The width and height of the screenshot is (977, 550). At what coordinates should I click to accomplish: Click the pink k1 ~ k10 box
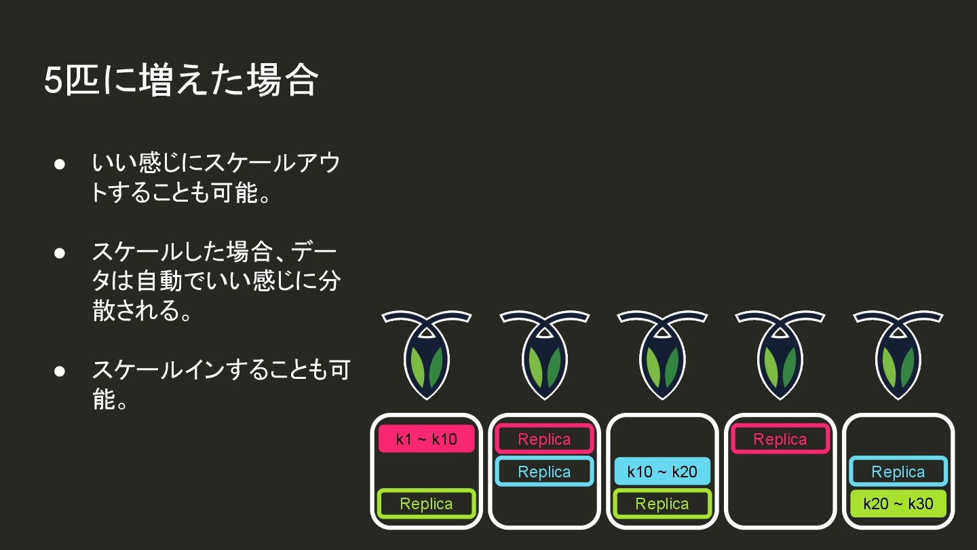(426, 439)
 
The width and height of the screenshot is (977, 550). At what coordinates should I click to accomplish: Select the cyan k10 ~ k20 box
(662, 472)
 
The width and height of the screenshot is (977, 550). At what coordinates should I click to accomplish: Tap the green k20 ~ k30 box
(898, 504)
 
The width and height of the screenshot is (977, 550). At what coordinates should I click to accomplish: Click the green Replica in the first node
(426, 504)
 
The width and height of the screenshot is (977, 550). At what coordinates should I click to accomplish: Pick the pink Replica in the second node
(544, 439)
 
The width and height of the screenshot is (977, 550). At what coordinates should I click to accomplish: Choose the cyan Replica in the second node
(544, 472)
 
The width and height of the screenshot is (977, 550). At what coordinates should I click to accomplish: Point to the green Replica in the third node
(662, 504)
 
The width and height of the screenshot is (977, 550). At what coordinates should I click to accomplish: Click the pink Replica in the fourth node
(780, 439)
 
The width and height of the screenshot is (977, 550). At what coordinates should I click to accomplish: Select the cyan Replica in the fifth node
(898, 472)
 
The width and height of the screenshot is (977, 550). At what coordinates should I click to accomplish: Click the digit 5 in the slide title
(53, 81)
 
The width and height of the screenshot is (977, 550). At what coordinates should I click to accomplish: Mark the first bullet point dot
(60, 164)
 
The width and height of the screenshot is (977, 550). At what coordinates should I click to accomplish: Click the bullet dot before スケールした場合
(60, 253)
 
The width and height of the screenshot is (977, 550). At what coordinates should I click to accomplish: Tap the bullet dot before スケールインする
(60, 371)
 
